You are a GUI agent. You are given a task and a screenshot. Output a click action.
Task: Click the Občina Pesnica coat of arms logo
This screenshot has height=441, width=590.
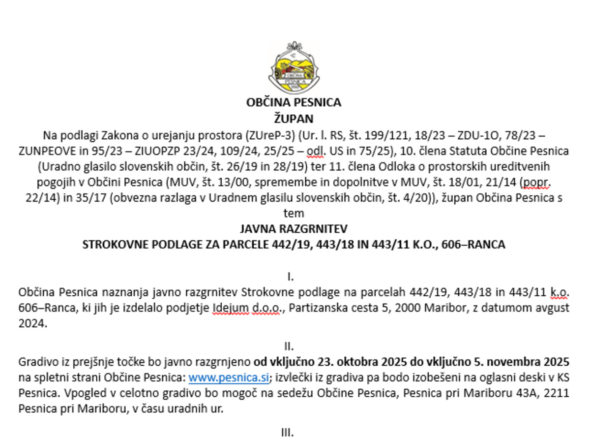coord(294,68)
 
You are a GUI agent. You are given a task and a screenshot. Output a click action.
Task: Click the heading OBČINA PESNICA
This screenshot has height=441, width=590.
coord(294,103)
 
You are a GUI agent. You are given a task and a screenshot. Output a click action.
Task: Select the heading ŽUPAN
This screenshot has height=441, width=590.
coord(294,119)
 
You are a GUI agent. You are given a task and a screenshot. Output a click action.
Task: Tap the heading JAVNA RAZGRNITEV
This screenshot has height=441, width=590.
coord(294,229)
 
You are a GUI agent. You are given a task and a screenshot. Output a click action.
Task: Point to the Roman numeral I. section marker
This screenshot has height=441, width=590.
coord(294,277)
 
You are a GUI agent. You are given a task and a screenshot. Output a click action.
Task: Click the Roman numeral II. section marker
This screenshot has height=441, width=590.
coord(294,347)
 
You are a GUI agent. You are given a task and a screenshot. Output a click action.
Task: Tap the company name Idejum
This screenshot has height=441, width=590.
coord(230,308)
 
